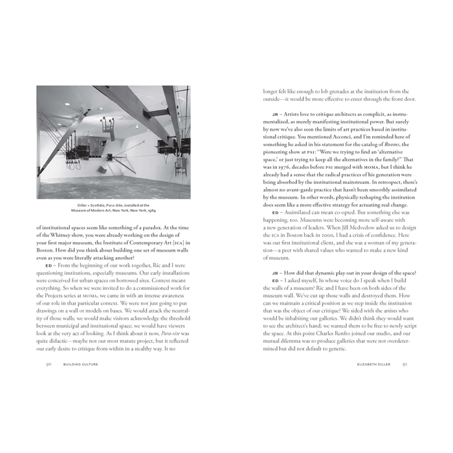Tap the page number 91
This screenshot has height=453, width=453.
tap(405, 364)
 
